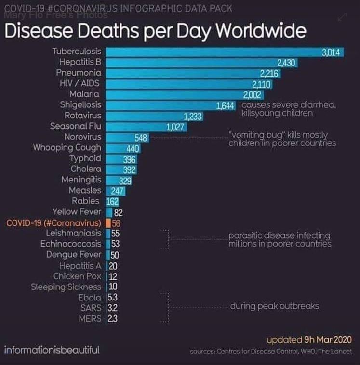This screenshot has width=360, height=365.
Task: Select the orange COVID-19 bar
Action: pos(109,223)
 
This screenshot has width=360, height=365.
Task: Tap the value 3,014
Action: pos(332,52)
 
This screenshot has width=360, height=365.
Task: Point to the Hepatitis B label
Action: pos(80,62)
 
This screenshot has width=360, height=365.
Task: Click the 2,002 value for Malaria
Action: pos(252,94)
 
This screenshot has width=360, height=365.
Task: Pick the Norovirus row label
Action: pos(82,137)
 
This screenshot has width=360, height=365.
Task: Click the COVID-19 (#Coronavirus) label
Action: pos(53,223)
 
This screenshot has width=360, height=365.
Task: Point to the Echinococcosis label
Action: pos(71,244)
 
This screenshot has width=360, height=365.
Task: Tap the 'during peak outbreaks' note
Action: pos(274,306)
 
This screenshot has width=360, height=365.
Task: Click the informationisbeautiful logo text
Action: pos(52,350)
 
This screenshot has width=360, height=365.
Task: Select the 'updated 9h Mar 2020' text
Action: pos(309,339)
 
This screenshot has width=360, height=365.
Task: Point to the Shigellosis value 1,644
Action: pos(226,105)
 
